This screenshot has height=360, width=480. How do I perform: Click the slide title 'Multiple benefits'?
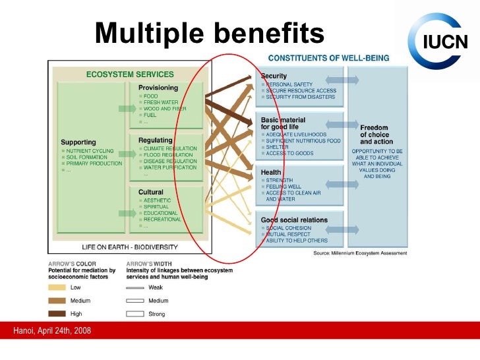coord(210,33)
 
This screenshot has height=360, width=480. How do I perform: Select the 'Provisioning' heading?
coord(158,88)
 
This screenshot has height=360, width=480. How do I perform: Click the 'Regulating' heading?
coord(155,140)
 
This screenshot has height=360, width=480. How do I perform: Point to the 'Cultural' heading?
coord(151,192)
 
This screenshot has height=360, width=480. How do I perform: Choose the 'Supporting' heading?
coord(78,142)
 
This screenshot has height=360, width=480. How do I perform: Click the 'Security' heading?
coord(274,76)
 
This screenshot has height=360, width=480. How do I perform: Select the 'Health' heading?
coord(271,172)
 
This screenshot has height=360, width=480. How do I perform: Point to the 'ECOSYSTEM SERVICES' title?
coord(130,75)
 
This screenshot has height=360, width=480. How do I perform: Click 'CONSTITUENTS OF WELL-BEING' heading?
coord(328,58)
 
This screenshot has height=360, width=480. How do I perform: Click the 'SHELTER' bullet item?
coord(276,147)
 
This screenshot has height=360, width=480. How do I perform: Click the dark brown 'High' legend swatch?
coord(57,314)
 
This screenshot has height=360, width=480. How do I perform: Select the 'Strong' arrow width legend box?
coord(135,314)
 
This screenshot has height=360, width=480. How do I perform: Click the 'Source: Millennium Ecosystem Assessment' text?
coord(359,253)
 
